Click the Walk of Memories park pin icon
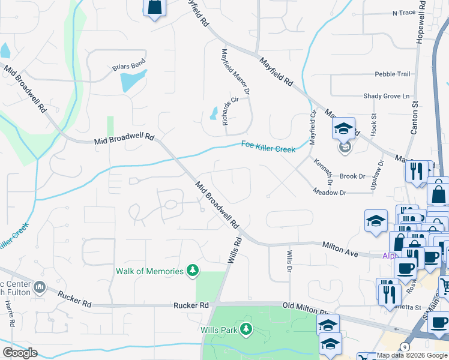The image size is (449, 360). point(192,271)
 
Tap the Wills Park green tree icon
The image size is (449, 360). point(246,329)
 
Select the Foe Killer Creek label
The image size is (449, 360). point(268,146)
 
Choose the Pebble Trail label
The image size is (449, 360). point(393,74)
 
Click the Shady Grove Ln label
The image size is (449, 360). point(386,96)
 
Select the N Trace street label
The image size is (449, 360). point(404,13)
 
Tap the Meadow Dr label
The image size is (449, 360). point(330,193)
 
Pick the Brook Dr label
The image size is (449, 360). point(352,177)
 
